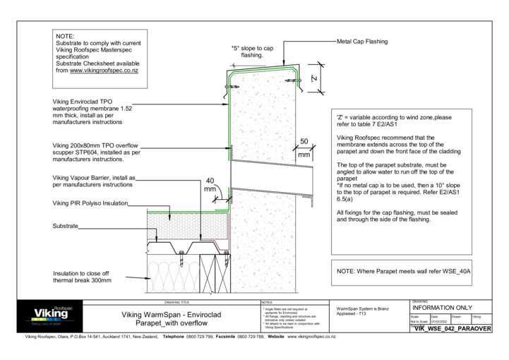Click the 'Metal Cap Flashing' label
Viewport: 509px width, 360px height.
pyautogui.click(x=362, y=42)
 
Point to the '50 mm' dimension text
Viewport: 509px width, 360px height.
pyautogui.click(x=304, y=148)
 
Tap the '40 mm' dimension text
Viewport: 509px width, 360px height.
pyautogui.click(x=210, y=184)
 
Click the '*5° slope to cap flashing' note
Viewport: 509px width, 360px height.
pyautogui.click(x=253, y=52)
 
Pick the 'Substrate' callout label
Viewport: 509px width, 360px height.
pyautogui.click(x=65, y=227)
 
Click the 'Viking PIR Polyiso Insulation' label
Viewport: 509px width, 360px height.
pyautogui.click(x=90, y=203)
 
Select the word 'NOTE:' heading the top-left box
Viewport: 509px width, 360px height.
pyautogui.click(x=64, y=35)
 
